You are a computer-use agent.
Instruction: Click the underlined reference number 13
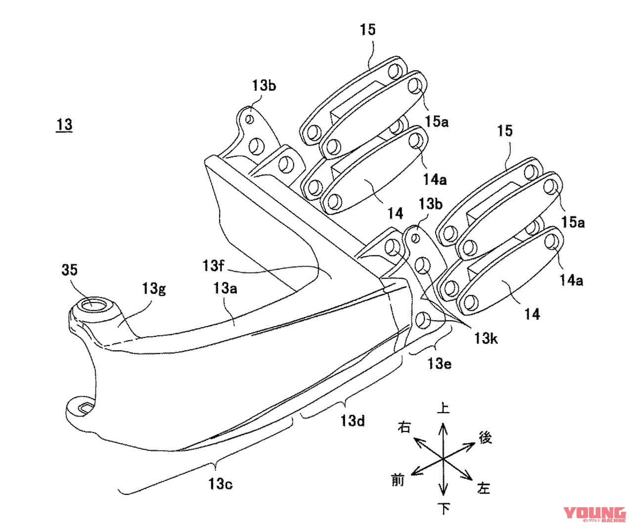tap(64, 124)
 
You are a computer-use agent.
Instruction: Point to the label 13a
tap(225, 288)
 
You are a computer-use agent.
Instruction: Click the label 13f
tap(213, 265)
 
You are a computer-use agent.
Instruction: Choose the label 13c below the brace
tap(221, 483)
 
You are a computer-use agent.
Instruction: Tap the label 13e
tap(439, 364)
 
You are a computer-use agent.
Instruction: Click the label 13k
tap(486, 338)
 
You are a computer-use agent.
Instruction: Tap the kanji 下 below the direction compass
tap(444, 508)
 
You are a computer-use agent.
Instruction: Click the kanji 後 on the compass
tap(485, 437)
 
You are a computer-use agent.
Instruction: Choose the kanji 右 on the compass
tap(404, 427)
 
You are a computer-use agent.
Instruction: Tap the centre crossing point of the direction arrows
tap(443, 458)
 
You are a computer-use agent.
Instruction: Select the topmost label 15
tap(367, 30)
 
